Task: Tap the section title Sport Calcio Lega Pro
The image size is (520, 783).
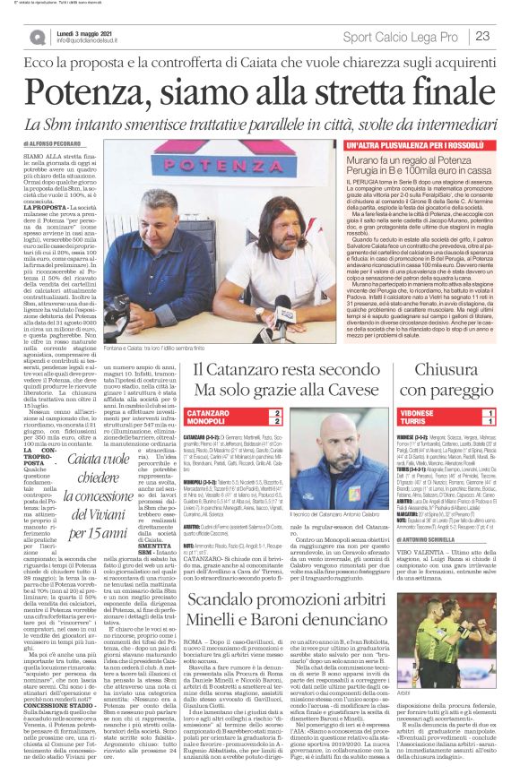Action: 403,36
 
